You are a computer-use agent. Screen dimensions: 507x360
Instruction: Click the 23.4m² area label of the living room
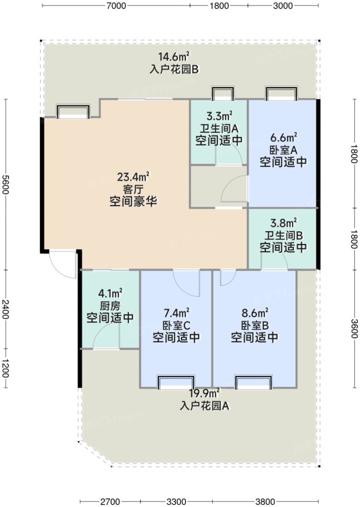tap(133, 177)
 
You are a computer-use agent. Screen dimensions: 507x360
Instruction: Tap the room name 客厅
tap(133, 189)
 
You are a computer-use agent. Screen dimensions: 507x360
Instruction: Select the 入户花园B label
tap(174, 69)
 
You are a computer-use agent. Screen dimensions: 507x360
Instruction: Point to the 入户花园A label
tap(204, 405)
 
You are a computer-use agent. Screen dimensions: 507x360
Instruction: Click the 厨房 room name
tap(110, 306)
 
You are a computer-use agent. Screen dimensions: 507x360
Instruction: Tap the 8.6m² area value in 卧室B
tap(254, 312)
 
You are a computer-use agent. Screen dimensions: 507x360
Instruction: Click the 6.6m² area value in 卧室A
tap(283, 138)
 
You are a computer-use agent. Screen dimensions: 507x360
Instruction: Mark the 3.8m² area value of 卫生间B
tap(283, 222)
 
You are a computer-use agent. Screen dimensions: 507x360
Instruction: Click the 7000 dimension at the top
tap(116, 6)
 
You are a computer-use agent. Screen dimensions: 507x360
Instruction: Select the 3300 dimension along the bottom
tap(176, 501)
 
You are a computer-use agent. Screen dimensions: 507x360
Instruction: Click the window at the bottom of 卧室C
tap(176, 383)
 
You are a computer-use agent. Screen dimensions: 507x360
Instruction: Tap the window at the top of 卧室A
tap(281, 94)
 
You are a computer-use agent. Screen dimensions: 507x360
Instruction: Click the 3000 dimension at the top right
tap(283, 6)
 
